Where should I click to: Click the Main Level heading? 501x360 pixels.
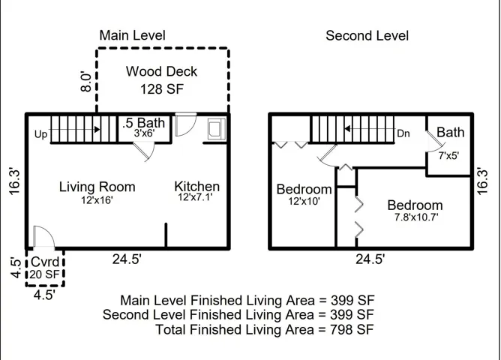point(132,35)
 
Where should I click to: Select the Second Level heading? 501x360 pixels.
point(367,35)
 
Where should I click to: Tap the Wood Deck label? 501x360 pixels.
point(161,71)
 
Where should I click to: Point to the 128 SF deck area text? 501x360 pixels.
point(162,88)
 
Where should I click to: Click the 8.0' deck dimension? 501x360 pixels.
point(86,82)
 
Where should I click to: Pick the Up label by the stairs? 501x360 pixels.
point(41,134)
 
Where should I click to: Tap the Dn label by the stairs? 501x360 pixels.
point(403,133)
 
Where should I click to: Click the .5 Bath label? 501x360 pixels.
point(144,123)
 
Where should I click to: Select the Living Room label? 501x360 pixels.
point(97,187)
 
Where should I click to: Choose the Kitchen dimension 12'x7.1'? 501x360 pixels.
point(195,197)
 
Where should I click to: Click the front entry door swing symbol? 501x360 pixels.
point(44,237)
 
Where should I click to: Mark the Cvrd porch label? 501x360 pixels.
point(45,262)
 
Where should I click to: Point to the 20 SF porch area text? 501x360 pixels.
point(45,274)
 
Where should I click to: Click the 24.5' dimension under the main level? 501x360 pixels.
point(127,259)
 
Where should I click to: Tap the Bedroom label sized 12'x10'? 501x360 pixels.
point(304,189)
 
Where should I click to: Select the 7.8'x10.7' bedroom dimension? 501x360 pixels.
point(416,217)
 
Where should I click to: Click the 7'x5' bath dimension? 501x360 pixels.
point(448,155)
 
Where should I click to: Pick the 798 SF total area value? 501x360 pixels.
point(352,329)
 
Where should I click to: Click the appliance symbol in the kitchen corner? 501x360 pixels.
point(217,129)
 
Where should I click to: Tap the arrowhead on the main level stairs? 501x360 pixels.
point(97,129)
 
